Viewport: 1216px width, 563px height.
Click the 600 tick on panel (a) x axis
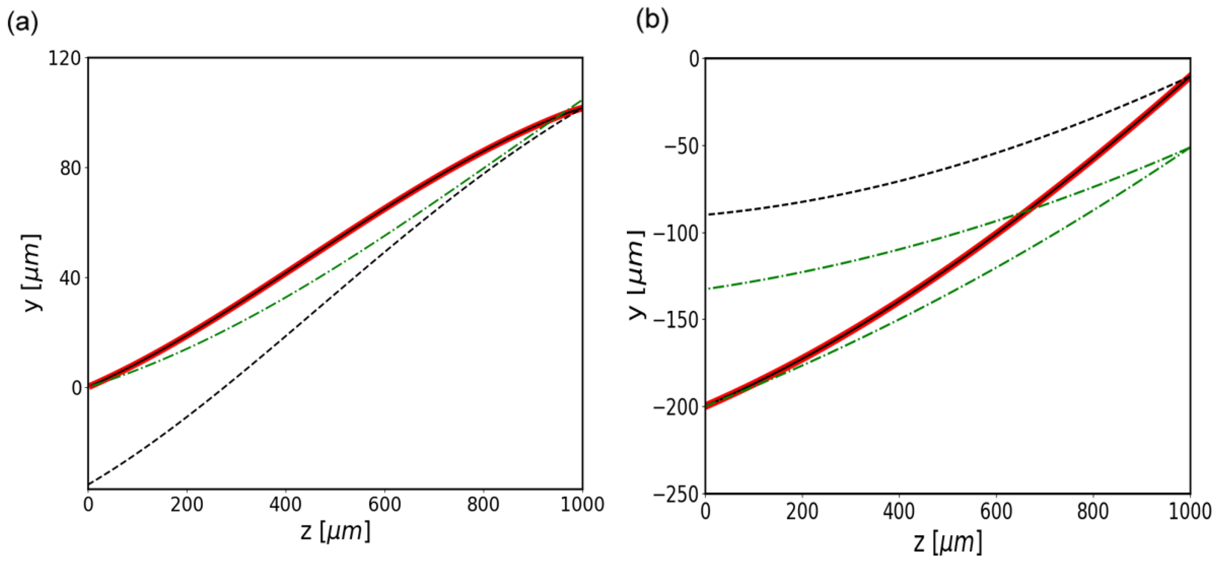(384, 505)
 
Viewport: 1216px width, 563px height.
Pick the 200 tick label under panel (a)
(187, 505)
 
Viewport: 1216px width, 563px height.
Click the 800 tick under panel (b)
(1093, 512)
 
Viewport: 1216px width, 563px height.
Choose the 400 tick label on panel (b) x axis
(899, 512)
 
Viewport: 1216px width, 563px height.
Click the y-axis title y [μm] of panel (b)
(637, 275)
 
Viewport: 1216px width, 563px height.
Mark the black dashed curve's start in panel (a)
(89, 485)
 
